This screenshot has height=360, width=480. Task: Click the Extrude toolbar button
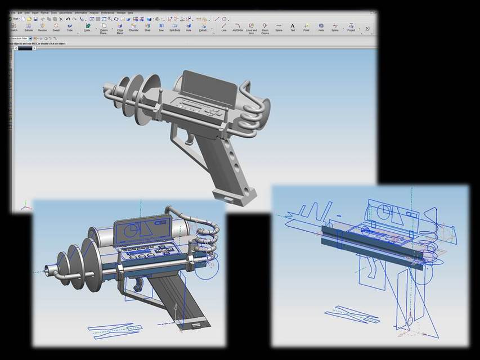coord(29,26)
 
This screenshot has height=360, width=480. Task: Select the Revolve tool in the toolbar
coord(42,26)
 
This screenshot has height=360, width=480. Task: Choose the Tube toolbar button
coord(70,26)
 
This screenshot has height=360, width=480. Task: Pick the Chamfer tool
coord(134,26)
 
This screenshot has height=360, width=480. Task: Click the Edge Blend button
coord(120,27)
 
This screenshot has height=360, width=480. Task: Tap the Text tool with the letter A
coord(293,26)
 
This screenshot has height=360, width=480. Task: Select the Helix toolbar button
coord(321,26)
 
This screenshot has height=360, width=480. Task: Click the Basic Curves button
coord(264,27)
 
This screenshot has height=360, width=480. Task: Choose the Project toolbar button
coord(351,26)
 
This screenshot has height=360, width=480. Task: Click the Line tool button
coord(223,26)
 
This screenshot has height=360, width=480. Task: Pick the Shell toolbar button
coord(147,26)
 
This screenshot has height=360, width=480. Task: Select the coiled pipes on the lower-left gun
coord(206,239)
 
